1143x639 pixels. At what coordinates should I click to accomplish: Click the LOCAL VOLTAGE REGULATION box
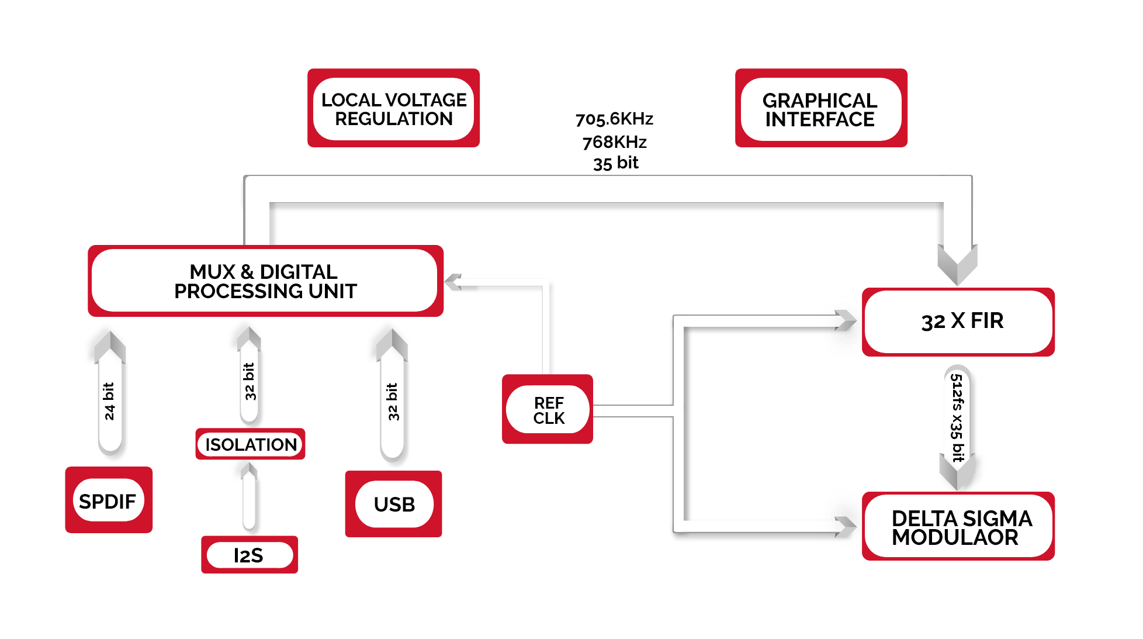point(393,109)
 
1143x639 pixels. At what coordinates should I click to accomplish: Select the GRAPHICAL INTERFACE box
point(820,109)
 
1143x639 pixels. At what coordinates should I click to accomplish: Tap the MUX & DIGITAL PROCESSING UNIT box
point(265,281)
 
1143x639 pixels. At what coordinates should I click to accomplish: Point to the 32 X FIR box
point(958,322)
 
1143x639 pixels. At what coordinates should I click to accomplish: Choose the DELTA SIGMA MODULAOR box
point(958,527)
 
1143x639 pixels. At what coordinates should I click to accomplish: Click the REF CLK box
point(548,410)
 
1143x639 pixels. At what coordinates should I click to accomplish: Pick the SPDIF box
point(109,500)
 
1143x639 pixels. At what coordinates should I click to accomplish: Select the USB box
point(394,504)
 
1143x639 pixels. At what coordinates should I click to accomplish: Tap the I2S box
point(250,555)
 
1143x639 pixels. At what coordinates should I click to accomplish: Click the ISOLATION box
point(250,444)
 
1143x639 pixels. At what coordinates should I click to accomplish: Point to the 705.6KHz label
point(614,119)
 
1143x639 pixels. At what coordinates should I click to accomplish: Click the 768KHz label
point(614,142)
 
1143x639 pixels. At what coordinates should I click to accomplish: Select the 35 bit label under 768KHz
point(615,163)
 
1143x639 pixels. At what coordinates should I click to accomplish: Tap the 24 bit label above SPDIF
point(109,401)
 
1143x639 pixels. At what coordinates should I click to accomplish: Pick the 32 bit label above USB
point(393,402)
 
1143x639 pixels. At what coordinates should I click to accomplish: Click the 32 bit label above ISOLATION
point(250,381)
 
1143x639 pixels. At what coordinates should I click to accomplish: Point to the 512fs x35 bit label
point(957,418)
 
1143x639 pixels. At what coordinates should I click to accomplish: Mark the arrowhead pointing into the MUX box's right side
point(455,282)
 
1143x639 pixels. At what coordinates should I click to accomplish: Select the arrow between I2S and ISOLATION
point(250,497)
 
